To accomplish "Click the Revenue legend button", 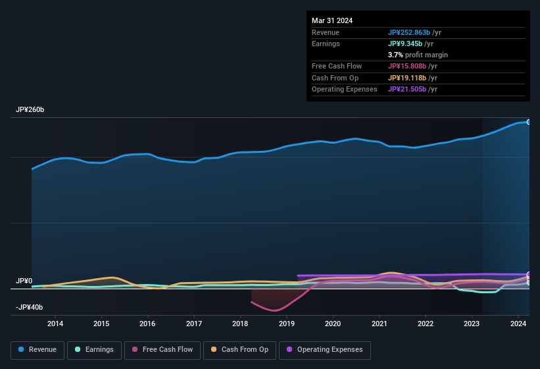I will [x=38, y=350].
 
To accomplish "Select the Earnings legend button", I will [x=94, y=350].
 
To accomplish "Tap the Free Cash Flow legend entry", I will [x=162, y=350].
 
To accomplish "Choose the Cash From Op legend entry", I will [x=240, y=350].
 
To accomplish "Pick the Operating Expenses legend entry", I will [x=325, y=350].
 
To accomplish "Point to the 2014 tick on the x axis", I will [x=55, y=324].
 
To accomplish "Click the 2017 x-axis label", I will [x=194, y=324].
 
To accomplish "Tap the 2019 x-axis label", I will [x=287, y=324].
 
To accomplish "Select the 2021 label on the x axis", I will [x=380, y=324].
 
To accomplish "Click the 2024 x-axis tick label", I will [x=518, y=324].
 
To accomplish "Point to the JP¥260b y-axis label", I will [x=30, y=110].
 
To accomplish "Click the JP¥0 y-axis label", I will [x=24, y=281].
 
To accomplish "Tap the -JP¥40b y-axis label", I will [x=29, y=308].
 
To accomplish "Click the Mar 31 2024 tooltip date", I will [x=332, y=20].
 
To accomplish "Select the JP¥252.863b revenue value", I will [x=408, y=32].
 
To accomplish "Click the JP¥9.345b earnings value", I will [x=405, y=43].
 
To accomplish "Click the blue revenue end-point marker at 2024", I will [x=528, y=122].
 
